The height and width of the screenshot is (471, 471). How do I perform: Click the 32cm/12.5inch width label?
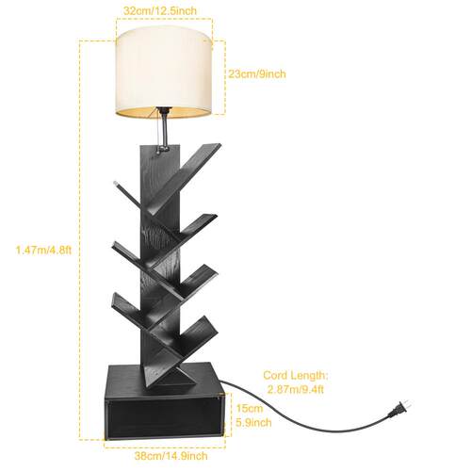[x=160, y=10]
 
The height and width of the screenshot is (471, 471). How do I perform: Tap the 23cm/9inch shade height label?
[x=257, y=74]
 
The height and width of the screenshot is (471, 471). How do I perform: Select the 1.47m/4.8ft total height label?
[x=44, y=251]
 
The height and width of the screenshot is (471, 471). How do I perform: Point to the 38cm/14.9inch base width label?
[x=171, y=456]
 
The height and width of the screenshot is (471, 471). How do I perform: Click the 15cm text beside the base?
[x=250, y=409]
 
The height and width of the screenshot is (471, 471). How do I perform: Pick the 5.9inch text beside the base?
[x=253, y=423]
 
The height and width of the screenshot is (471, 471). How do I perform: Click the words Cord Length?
[x=295, y=375]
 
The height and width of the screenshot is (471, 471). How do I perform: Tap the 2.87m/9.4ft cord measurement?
[x=295, y=390]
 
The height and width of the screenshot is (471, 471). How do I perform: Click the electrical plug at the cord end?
[x=399, y=409]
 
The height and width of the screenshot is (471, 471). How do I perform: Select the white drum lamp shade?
[x=164, y=73]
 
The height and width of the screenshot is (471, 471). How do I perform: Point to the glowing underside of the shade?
[x=163, y=112]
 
